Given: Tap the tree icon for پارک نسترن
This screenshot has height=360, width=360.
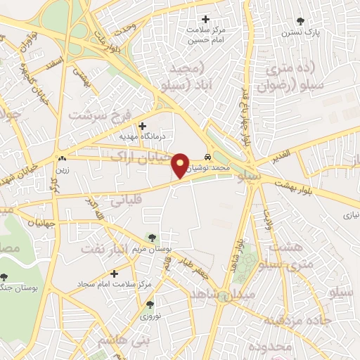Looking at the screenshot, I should (301, 21).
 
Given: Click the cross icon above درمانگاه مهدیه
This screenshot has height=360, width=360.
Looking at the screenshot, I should (142, 125).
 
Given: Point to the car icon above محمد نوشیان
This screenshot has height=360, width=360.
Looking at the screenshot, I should (207, 156).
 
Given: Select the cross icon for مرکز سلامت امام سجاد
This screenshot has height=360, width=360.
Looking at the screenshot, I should (114, 273).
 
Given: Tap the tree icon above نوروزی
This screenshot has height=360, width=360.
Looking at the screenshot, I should (149, 304).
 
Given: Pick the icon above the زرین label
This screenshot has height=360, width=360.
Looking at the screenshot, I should (63, 159).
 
